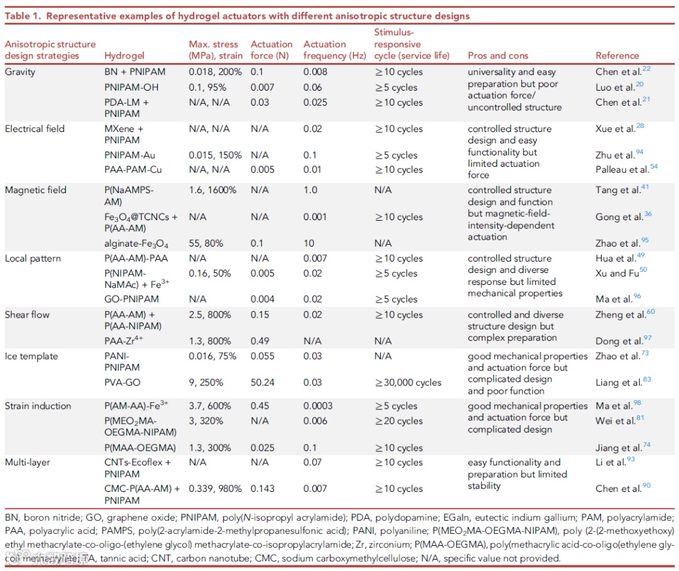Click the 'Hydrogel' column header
click(x=124, y=55)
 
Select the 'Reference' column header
click(x=617, y=55)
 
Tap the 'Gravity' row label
click(x=20, y=72)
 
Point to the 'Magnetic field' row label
click(x=35, y=190)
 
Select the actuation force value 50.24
click(x=263, y=382)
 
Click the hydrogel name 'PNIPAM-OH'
click(x=131, y=87)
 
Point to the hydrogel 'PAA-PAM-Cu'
click(x=133, y=170)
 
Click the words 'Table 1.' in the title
click(x=24, y=15)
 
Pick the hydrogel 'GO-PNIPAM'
click(x=131, y=299)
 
